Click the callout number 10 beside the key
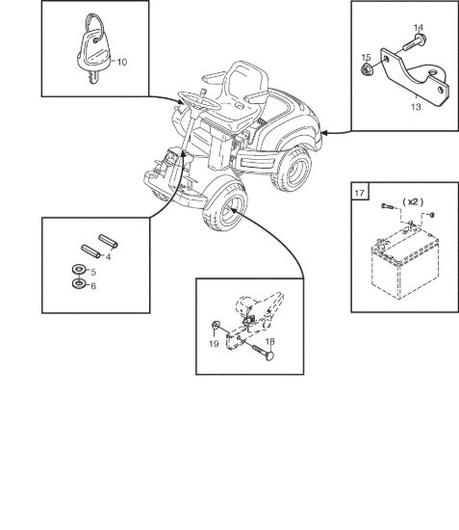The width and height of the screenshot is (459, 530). click(x=122, y=63)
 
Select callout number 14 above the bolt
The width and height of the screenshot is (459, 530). click(x=419, y=28)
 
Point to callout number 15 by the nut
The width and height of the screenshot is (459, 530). click(x=367, y=58)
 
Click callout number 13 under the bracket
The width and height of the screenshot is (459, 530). click(x=416, y=107)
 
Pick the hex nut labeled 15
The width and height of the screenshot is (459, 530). click(x=366, y=70)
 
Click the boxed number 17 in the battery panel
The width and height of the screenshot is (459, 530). click(x=360, y=193)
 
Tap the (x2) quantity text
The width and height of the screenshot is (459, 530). click(x=413, y=202)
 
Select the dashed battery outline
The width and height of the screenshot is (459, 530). click(x=405, y=264)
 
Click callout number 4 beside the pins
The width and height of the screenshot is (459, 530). click(x=108, y=257)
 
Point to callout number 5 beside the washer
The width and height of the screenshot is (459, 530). click(x=93, y=272)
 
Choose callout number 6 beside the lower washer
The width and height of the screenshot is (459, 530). click(x=93, y=286)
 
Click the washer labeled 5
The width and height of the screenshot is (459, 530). click(x=79, y=270)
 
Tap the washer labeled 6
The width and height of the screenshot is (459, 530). click(x=79, y=283)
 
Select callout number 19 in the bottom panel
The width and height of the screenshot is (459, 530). click(x=214, y=344)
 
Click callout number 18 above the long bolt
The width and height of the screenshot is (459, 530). click(x=270, y=342)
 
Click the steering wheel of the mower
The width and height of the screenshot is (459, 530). click(x=199, y=100)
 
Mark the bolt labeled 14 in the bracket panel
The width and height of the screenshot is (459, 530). click(x=414, y=44)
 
